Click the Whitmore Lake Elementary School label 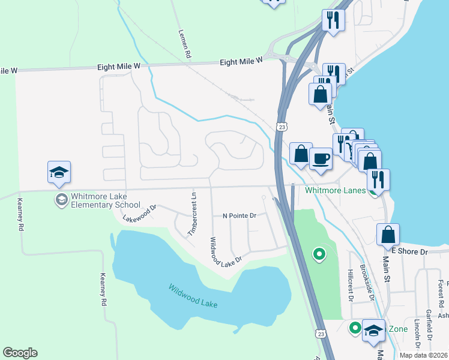pos(105,200)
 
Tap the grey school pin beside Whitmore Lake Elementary pos(61,199)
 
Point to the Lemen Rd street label pos(184,44)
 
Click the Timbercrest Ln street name pos(193,214)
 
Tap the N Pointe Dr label pos(239,215)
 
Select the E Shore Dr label pos(409,251)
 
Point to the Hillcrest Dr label pos(352,283)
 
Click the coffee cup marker pos(321,159)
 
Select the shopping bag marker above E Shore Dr pos(388,235)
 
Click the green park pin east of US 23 pos(319,255)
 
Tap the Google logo pos(20,353)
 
